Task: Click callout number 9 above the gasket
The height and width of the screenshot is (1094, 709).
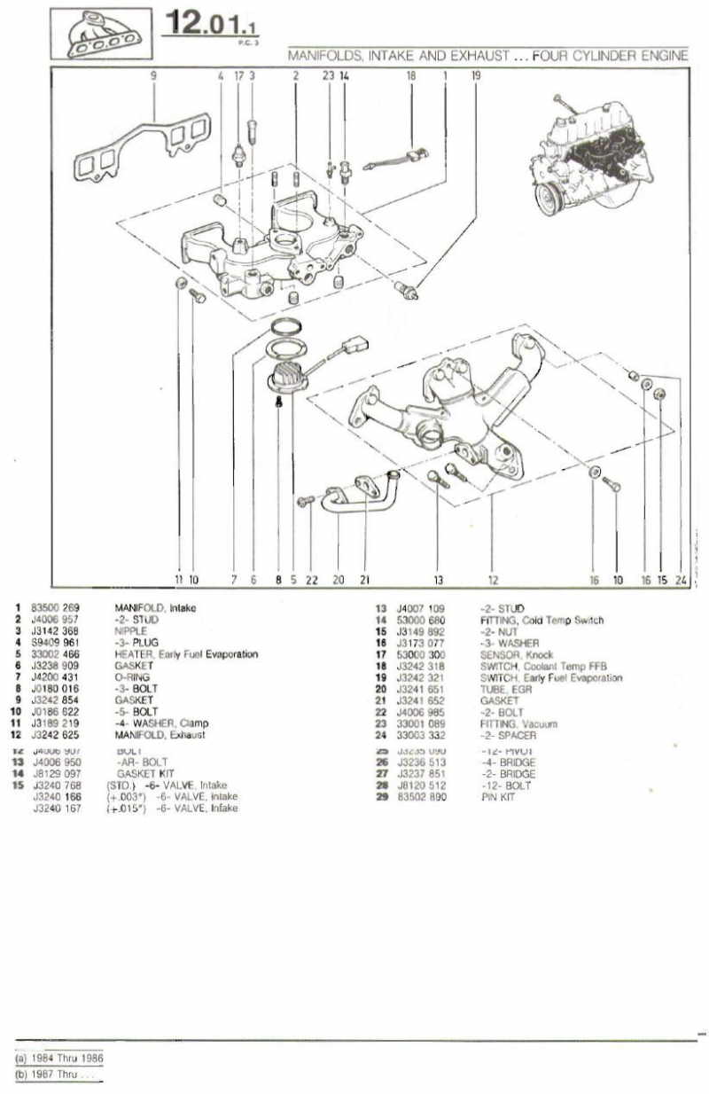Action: (153, 76)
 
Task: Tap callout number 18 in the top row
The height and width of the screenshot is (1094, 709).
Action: (410, 76)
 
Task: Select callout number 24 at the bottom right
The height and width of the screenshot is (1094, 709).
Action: (680, 580)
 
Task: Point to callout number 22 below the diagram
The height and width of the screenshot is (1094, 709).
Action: (311, 580)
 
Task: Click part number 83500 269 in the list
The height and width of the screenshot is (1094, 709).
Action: (55, 608)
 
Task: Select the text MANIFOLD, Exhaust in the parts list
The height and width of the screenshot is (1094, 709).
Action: (160, 735)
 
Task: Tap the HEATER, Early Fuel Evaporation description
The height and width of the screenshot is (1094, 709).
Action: (186, 654)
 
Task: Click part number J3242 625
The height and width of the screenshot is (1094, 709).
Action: (55, 735)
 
